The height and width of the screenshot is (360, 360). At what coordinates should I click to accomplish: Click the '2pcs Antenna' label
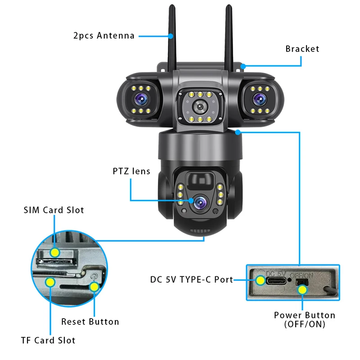pos(103,36)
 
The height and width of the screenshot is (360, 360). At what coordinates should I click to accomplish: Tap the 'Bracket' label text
pos(302,49)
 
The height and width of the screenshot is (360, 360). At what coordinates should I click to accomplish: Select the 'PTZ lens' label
pos(131,171)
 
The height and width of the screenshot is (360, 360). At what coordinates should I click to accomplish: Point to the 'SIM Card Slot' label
pos(54,210)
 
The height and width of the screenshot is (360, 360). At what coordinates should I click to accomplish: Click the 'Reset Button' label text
pos(90,322)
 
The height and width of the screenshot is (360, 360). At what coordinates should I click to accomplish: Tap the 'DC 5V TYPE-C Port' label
pos(192,279)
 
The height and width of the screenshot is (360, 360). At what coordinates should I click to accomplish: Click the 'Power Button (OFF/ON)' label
pos(305,319)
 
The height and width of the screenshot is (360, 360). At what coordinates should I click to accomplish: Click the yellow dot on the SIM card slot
pos(54,253)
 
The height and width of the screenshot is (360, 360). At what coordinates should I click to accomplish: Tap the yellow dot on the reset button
pos(94,287)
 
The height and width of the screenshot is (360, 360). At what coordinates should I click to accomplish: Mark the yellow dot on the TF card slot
pos(50,283)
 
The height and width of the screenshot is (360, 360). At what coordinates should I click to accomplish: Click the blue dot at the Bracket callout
pos(243,66)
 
